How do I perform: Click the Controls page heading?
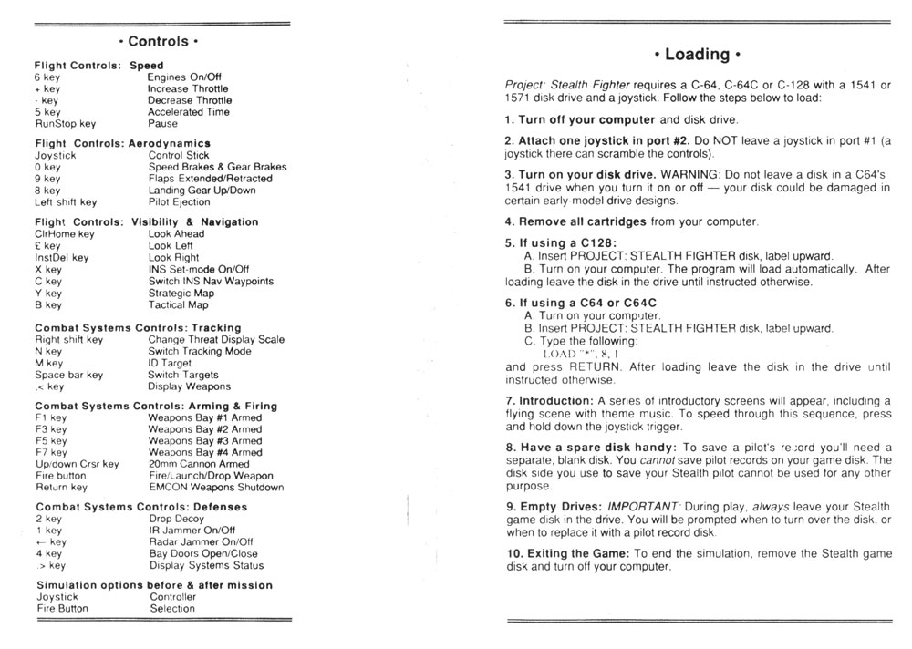[x=159, y=41]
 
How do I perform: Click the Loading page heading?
[x=698, y=54]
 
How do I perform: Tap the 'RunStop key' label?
[x=65, y=123]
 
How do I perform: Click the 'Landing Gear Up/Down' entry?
[x=202, y=191]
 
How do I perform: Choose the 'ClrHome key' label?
[x=64, y=234]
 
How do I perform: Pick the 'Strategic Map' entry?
[x=181, y=294]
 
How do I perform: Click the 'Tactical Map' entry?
[x=178, y=305]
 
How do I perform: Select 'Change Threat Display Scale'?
[x=216, y=340]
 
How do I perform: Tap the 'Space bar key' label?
[x=68, y=375]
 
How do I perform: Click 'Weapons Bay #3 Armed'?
[x=204, y=441]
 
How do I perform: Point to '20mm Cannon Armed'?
[x=198, y=464]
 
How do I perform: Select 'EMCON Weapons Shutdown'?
[x=215, y=488]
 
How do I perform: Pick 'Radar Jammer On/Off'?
[x=201, y=541]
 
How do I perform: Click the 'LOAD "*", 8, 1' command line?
[x=580, y=353]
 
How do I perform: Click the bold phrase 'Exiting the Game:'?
[x=566, y=553]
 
